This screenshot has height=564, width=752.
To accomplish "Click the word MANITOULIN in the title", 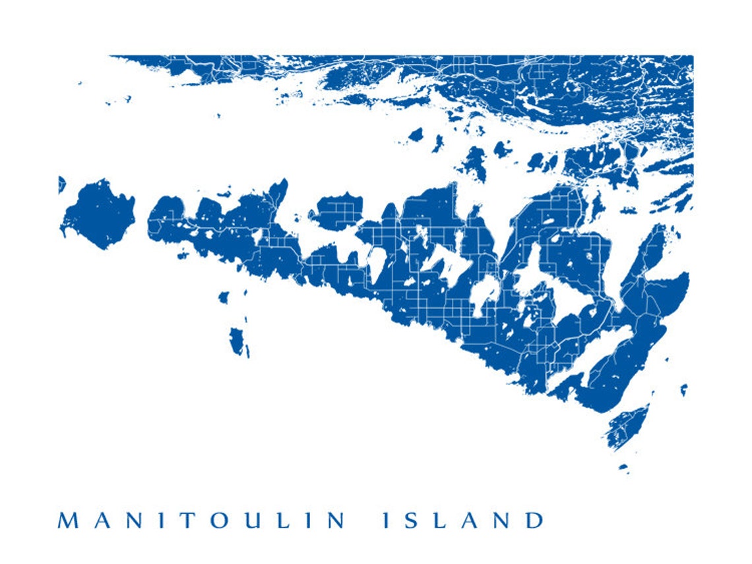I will [202, 521].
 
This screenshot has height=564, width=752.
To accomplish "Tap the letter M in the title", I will [69, 521].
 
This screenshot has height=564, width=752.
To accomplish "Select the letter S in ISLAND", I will [414, 521].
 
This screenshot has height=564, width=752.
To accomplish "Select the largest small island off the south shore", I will [237, 341].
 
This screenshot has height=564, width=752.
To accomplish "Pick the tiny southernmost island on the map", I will [623, 468].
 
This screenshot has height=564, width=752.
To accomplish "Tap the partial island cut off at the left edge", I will [61, 184].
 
